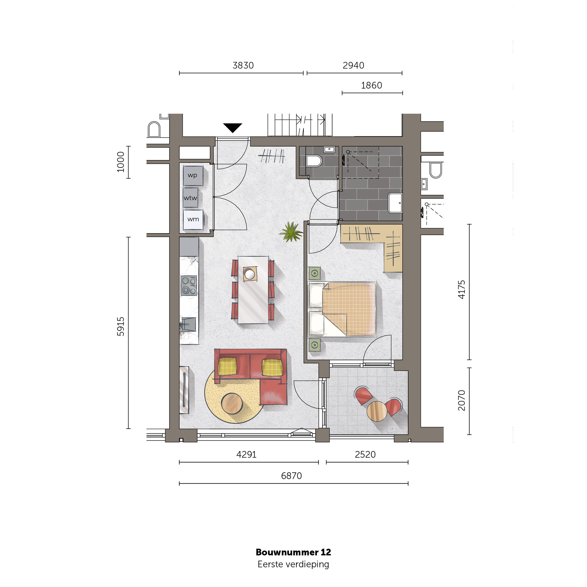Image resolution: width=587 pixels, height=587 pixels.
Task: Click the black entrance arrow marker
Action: (232, 127)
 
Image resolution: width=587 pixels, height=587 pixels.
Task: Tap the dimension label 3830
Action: (243, 65)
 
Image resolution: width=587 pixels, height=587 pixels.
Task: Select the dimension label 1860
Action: (371, 85)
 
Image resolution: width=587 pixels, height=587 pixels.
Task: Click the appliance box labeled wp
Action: (193, 176)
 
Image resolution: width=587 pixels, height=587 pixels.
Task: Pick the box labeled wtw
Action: (191, 198)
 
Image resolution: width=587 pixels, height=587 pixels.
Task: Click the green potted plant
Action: (291, 232)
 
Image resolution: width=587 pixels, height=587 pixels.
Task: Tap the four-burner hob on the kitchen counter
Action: (189, 286)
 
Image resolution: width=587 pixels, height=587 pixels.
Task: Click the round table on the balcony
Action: (377, 411)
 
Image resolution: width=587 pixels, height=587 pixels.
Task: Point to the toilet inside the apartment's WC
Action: (314, 161)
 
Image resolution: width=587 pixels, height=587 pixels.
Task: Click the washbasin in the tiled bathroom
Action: (395, 203)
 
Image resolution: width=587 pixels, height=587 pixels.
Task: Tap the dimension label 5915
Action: (121, 326)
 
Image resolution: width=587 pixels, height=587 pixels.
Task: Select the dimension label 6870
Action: (291, 476)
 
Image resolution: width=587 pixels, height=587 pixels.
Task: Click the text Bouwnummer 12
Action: (293, 552)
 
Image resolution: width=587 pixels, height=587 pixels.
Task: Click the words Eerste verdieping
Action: (293, 564)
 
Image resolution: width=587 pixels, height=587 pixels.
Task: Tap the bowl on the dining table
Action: (250, 274)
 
